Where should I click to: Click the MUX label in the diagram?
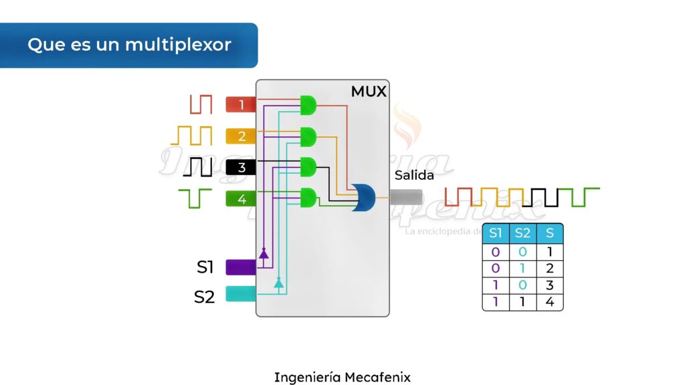pyautogui.click(x=369, y=92)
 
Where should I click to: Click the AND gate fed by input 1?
pyautogui.click(x=308, y=105)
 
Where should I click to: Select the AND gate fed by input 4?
pyautogui.click(x=308, y=198)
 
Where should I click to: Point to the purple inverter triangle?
pyautogui.click(x=264, y=253)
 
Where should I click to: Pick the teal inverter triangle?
pyautogui.click(x=279, y=283)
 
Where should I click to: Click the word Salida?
pyautogui.click(x=414, y=176)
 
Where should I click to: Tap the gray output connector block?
pyautogui.click(x=406, y=197)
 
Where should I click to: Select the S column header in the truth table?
pyautogui.click(x=550, y=233)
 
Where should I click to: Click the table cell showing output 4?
pyautogui.click(x=550, y=302)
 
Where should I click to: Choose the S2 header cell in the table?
pyautogui.click(x=522, y=233)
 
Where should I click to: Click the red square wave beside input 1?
pyautogui.click(x=201, y=104)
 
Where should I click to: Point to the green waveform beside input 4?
pyautogui.click(x=195, y=198)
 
